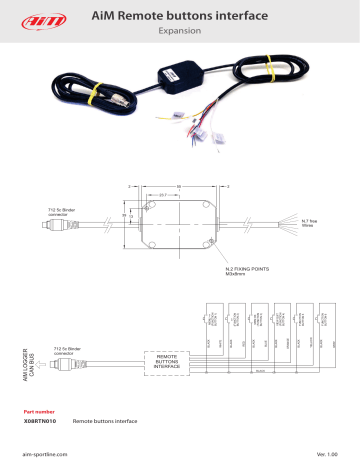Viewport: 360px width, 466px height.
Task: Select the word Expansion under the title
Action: click(x=180, y=31)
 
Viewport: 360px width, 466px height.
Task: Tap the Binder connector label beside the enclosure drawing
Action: click(x=53, y=214)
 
